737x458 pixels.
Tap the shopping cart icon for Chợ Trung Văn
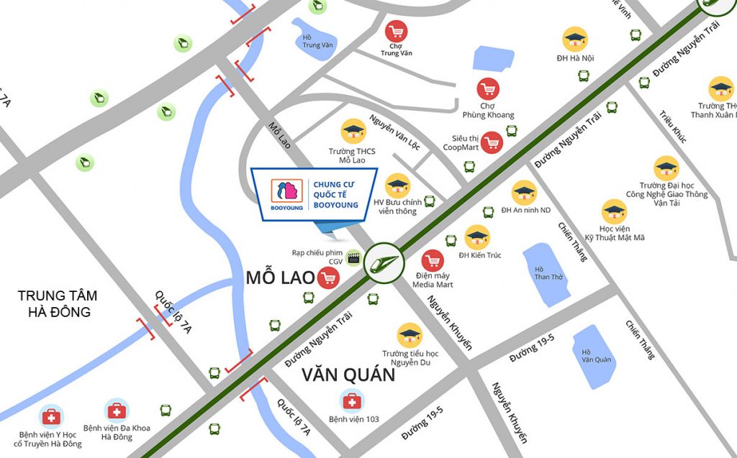396,32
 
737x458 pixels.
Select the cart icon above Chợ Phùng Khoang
489,89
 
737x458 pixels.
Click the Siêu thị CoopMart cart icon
492,142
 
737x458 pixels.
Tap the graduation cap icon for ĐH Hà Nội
575,39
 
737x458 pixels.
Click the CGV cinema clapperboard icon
353,257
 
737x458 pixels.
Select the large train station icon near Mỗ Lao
384,263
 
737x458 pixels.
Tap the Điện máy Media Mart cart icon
433,262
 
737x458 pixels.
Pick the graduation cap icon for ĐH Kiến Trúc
477,238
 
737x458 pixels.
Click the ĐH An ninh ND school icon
524,193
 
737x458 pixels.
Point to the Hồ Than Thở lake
545,274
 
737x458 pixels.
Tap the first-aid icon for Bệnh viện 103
352,400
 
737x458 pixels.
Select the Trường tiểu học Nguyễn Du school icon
410,334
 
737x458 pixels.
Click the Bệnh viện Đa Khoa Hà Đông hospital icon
117,411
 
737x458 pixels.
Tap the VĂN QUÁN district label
348,375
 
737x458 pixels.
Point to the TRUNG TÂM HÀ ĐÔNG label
58,303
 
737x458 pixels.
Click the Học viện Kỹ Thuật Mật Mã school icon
613,211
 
